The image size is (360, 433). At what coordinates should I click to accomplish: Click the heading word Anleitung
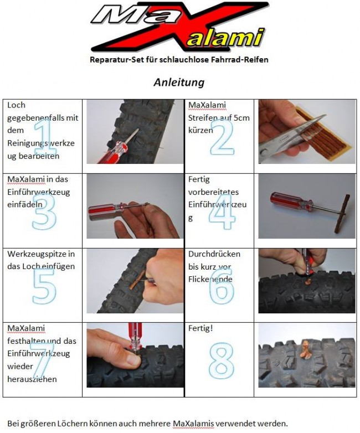tap(179, 83)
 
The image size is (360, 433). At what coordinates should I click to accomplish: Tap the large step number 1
tap(45, 137)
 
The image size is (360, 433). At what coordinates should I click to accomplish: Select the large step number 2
tap(222, 137)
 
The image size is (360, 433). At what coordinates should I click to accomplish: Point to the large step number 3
tap(44, 212)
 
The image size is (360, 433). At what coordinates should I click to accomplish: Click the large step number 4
tap(223, 212)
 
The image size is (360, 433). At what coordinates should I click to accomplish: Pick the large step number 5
tap(44, 286)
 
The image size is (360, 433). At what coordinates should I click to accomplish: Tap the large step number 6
tap(222, 286)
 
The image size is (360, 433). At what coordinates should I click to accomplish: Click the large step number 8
tap(222, 360)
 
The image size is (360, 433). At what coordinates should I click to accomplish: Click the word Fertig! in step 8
tap(200, 328)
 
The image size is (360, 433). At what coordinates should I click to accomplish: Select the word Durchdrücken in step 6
tap(214, 254)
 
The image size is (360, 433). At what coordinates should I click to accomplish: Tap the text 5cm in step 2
tap(241, 117)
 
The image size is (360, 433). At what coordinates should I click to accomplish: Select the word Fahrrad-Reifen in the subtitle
tap(240, 60)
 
